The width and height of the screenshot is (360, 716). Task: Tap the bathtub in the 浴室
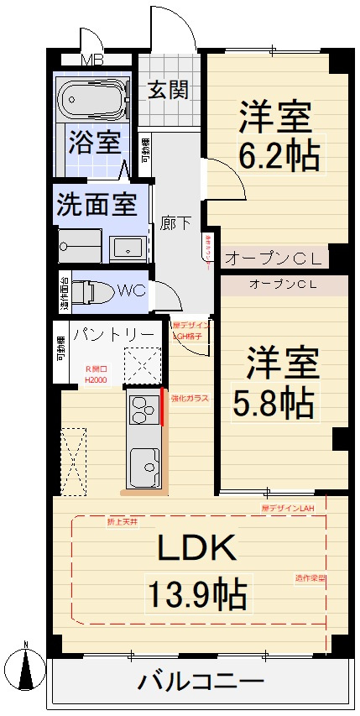point(93,102)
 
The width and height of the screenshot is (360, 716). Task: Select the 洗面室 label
point(97,204)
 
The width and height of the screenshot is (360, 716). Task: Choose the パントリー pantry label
point(112,334)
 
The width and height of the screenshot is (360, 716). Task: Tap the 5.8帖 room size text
point(274,404)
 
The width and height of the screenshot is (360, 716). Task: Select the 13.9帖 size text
point(197,595)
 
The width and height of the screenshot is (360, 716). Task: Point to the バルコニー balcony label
point(201,681)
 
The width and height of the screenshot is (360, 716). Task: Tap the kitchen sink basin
point(143,465)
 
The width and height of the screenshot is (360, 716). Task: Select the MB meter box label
point(93,60)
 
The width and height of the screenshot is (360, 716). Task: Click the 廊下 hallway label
point(175,223)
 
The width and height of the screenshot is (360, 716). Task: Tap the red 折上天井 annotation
point(122,522)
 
